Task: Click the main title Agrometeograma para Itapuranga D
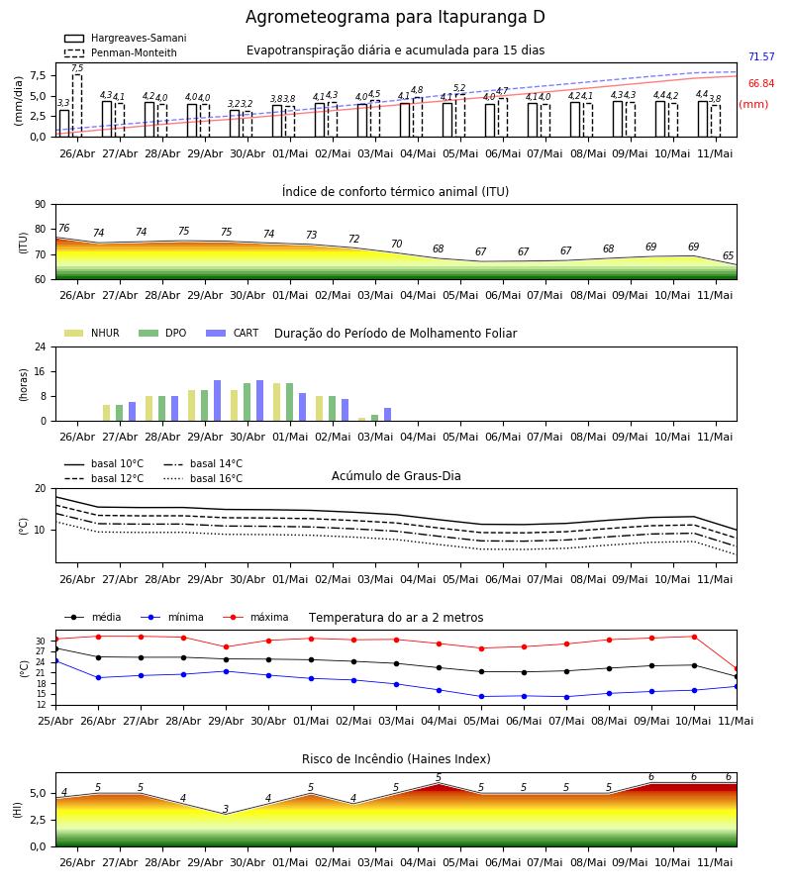click(x=395, y=17)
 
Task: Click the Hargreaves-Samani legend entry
click(x=125, y=38)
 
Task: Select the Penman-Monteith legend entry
click(x=121, y=52)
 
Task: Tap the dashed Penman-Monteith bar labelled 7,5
click(x=76, y=106)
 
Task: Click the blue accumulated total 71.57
click(x=761, y=56)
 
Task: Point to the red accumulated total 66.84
click(x=761, y=83)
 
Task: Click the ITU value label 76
click(x=63, y=228)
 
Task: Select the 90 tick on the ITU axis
click(x=41, y=205)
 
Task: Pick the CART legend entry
click(x=233, y=333)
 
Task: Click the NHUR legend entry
click(x=92, y=333)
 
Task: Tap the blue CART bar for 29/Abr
click(x=217, y=401)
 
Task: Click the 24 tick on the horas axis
click(x=41, y=346)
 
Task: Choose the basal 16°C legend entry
click(x=203, y=478)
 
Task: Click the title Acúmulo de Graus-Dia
click(x=396, y=476)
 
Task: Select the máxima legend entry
click(x=255, y=617)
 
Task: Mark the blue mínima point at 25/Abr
click(x=55, y=661)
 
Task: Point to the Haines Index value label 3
click(x=226, y=809)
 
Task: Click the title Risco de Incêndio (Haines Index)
click(x=396, y=759)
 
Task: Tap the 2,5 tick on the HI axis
click(x=38, y=820)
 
